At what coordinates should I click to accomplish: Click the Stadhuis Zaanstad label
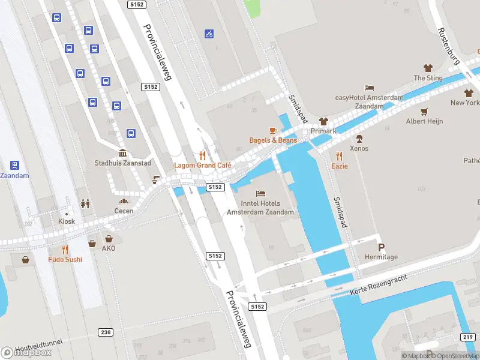click(122, 163)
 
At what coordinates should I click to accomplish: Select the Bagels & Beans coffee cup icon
click(272, 130)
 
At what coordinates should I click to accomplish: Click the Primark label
click(323, 131)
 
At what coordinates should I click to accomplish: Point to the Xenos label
click(359, 148)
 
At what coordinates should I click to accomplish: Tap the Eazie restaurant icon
click(340, 155)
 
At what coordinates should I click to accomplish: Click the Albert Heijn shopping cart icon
click(425, 111)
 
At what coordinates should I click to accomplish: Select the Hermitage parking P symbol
click(381, 247)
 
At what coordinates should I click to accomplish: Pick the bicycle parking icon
click(209, 34)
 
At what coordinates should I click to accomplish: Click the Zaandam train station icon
click(14, 165)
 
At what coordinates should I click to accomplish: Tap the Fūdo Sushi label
click(65, 260)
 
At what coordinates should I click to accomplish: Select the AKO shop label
click(108, 248)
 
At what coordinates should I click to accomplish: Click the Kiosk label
click(67, 221)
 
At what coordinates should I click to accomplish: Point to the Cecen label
click(124, 211)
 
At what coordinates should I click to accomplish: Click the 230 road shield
click(106, 332)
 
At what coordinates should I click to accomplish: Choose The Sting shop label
click(428, 78)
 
